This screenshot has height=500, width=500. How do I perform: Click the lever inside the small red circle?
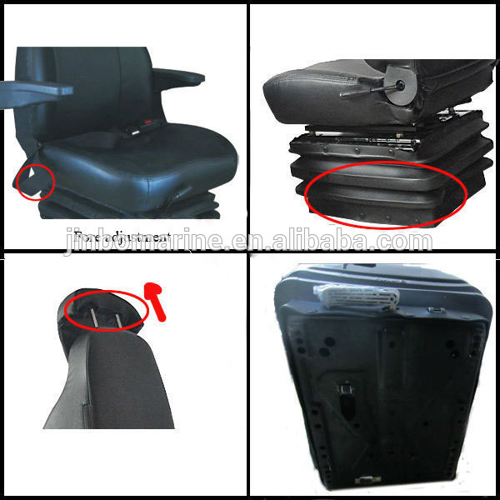(x=32, y=178)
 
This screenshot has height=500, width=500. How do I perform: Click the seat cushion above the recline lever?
(x=325, y=79)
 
